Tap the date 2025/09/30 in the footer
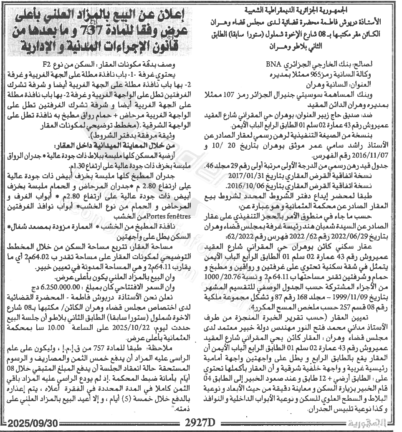point(31,422)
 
